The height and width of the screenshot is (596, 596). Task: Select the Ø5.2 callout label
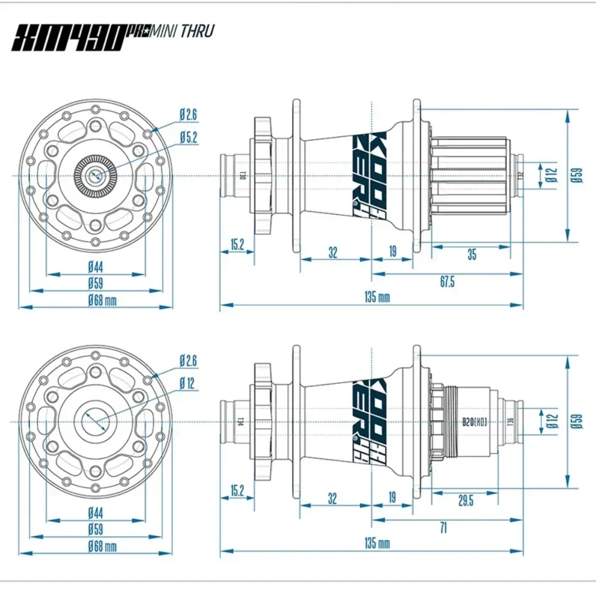tap(188, 137)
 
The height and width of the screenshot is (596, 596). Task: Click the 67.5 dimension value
tap(447, 282)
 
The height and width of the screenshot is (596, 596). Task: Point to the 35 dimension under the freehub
tap(471, 254)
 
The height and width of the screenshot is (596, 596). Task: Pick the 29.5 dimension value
tap(465, 501)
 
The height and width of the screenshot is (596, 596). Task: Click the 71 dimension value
tap(442, 528)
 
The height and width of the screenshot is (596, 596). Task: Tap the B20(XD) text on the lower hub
tap(474, 421)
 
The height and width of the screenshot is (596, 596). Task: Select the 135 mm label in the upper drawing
tap(377, 297)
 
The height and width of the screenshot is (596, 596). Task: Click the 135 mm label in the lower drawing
tap(377, 543)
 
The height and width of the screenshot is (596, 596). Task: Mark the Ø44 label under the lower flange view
tap(96, 512)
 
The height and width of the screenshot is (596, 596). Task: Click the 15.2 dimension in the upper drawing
tap(237, 244)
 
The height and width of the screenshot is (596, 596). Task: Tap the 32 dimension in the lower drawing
tap(333, 498)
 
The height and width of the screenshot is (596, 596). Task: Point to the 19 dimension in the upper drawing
tap(393, 252)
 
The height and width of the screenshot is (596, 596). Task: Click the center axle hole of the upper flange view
tap(96, 175)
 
